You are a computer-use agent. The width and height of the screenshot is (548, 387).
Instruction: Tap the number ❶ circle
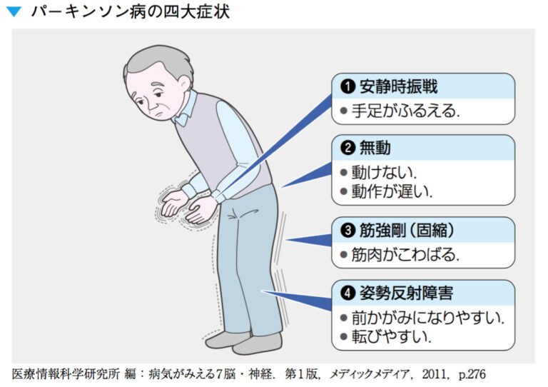pos(348,87)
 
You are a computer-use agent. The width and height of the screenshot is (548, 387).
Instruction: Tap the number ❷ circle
pos(348,149)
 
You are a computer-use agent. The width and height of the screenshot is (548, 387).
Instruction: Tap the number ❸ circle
pos(348,231)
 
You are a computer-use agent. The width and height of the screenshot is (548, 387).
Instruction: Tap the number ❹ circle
pos(348,293)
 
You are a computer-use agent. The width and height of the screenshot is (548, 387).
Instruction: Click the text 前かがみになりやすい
pos(427,317)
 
